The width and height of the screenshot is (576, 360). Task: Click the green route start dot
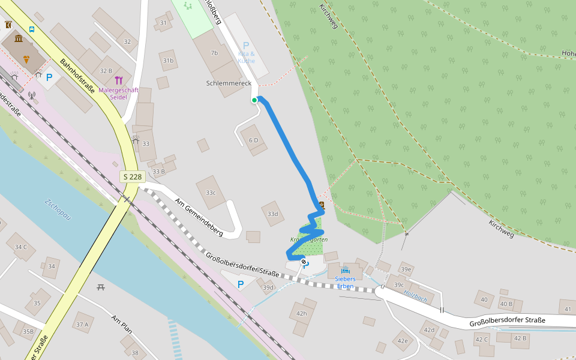click(x=254, y=100)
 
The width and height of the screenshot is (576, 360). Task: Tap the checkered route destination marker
click(x=304, y=262)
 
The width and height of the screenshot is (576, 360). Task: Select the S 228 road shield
click(x=133, y=176)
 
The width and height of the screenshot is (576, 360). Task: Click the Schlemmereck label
click(x=229, y=83)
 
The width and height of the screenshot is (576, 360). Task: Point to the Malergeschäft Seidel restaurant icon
click(x=118, y=80)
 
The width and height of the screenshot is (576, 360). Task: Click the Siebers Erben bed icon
click(x=345, y=271)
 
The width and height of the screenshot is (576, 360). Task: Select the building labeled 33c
click(x=211, y=193)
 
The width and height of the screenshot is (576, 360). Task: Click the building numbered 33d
click(x=273, y=214)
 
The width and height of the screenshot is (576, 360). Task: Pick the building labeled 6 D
click(x=254, y=140)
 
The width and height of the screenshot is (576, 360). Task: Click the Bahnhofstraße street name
click(x=78, y=76)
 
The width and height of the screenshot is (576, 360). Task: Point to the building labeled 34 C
click(x=21, y=247)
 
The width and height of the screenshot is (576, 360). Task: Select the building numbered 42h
click(x=301, y=313)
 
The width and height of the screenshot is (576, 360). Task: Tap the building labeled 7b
click(x=214, y=53)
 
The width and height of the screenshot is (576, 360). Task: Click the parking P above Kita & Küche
click(x=245, y=46)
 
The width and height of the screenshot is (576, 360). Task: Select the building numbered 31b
click(x=168, y=61)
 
